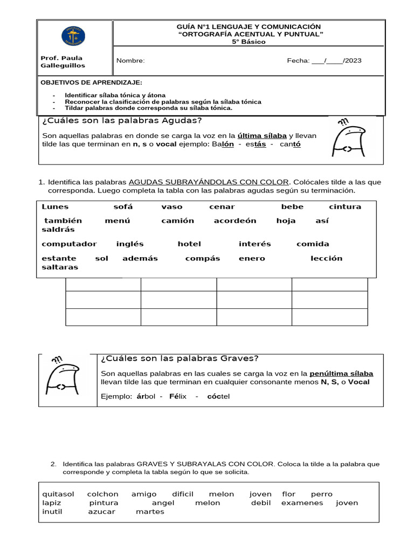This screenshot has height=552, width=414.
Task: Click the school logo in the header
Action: pyautogui.click(x=73, y=36)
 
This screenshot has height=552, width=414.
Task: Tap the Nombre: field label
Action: pyautogui.click(x=130, y=60)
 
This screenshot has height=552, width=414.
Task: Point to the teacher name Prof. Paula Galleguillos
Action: pyautogui.click(x=63, y=61)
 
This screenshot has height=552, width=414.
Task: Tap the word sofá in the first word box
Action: pyautogui.click(x=123, y=206)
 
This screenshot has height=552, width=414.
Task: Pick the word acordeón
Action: pyautogui.click(x=234, y=220)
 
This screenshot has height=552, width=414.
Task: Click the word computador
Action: pyautogui.click(x=69, y=244)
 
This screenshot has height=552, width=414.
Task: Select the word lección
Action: pyautogui.click(x=326, y=258)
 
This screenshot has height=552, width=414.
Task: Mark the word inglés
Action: pyautogui.click(x=130, y=244)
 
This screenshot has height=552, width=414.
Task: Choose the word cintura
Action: pyautogui.click(x=344, y=206)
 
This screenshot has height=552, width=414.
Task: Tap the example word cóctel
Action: pyautogui.click(x=218, y=396)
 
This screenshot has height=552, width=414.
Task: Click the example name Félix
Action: pyautogui.click(x=177, y=396)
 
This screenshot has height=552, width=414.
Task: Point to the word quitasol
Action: pyautogui.click(x=58, y=494)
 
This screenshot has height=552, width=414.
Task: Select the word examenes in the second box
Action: pyautogui.click(x=302, y=502)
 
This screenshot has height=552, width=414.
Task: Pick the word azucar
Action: pyautogui.click(x=101, y=512)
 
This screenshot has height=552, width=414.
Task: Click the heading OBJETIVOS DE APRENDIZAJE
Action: pyautogui.click(x=92, y=82)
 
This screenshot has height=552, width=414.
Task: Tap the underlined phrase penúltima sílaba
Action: pyautogui.click(x=341, y=374)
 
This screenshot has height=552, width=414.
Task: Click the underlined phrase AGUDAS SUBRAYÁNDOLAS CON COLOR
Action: pyautogui.click(x=209, y=182)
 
